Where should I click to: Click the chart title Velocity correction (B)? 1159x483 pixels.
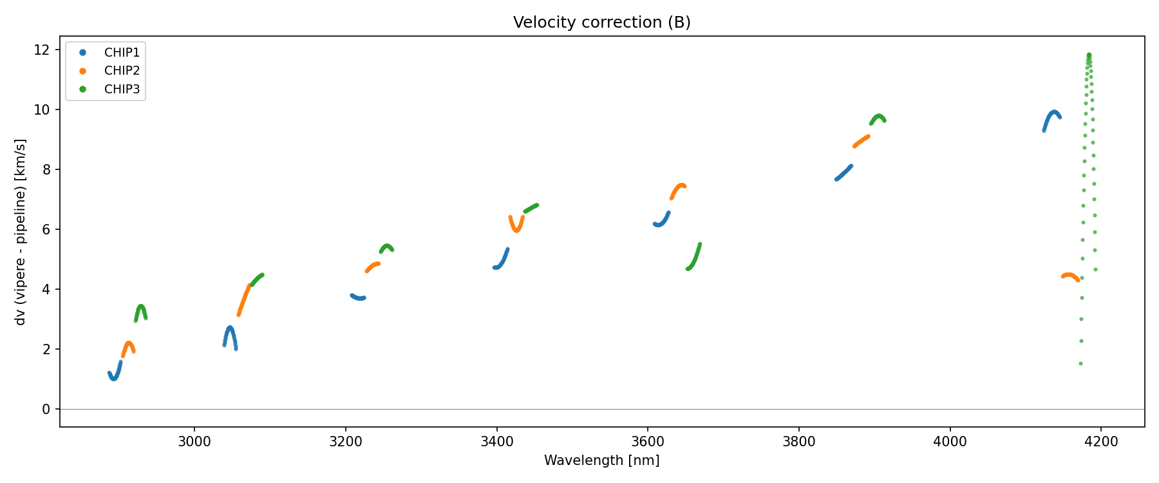601,23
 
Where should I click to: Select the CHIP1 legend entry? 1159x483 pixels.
122,52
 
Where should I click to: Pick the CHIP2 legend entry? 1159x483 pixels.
122,71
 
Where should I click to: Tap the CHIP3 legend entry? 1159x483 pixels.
122,90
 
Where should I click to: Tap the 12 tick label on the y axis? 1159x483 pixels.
42,50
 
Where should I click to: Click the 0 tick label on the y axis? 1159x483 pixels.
46,410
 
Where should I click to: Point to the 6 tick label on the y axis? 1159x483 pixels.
46,230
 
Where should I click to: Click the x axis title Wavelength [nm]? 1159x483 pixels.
601,460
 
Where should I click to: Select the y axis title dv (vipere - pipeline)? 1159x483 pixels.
21,232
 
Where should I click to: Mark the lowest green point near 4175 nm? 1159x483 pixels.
1080,364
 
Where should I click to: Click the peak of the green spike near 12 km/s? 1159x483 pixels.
1089,55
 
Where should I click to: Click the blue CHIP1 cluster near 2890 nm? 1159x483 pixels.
114,377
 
